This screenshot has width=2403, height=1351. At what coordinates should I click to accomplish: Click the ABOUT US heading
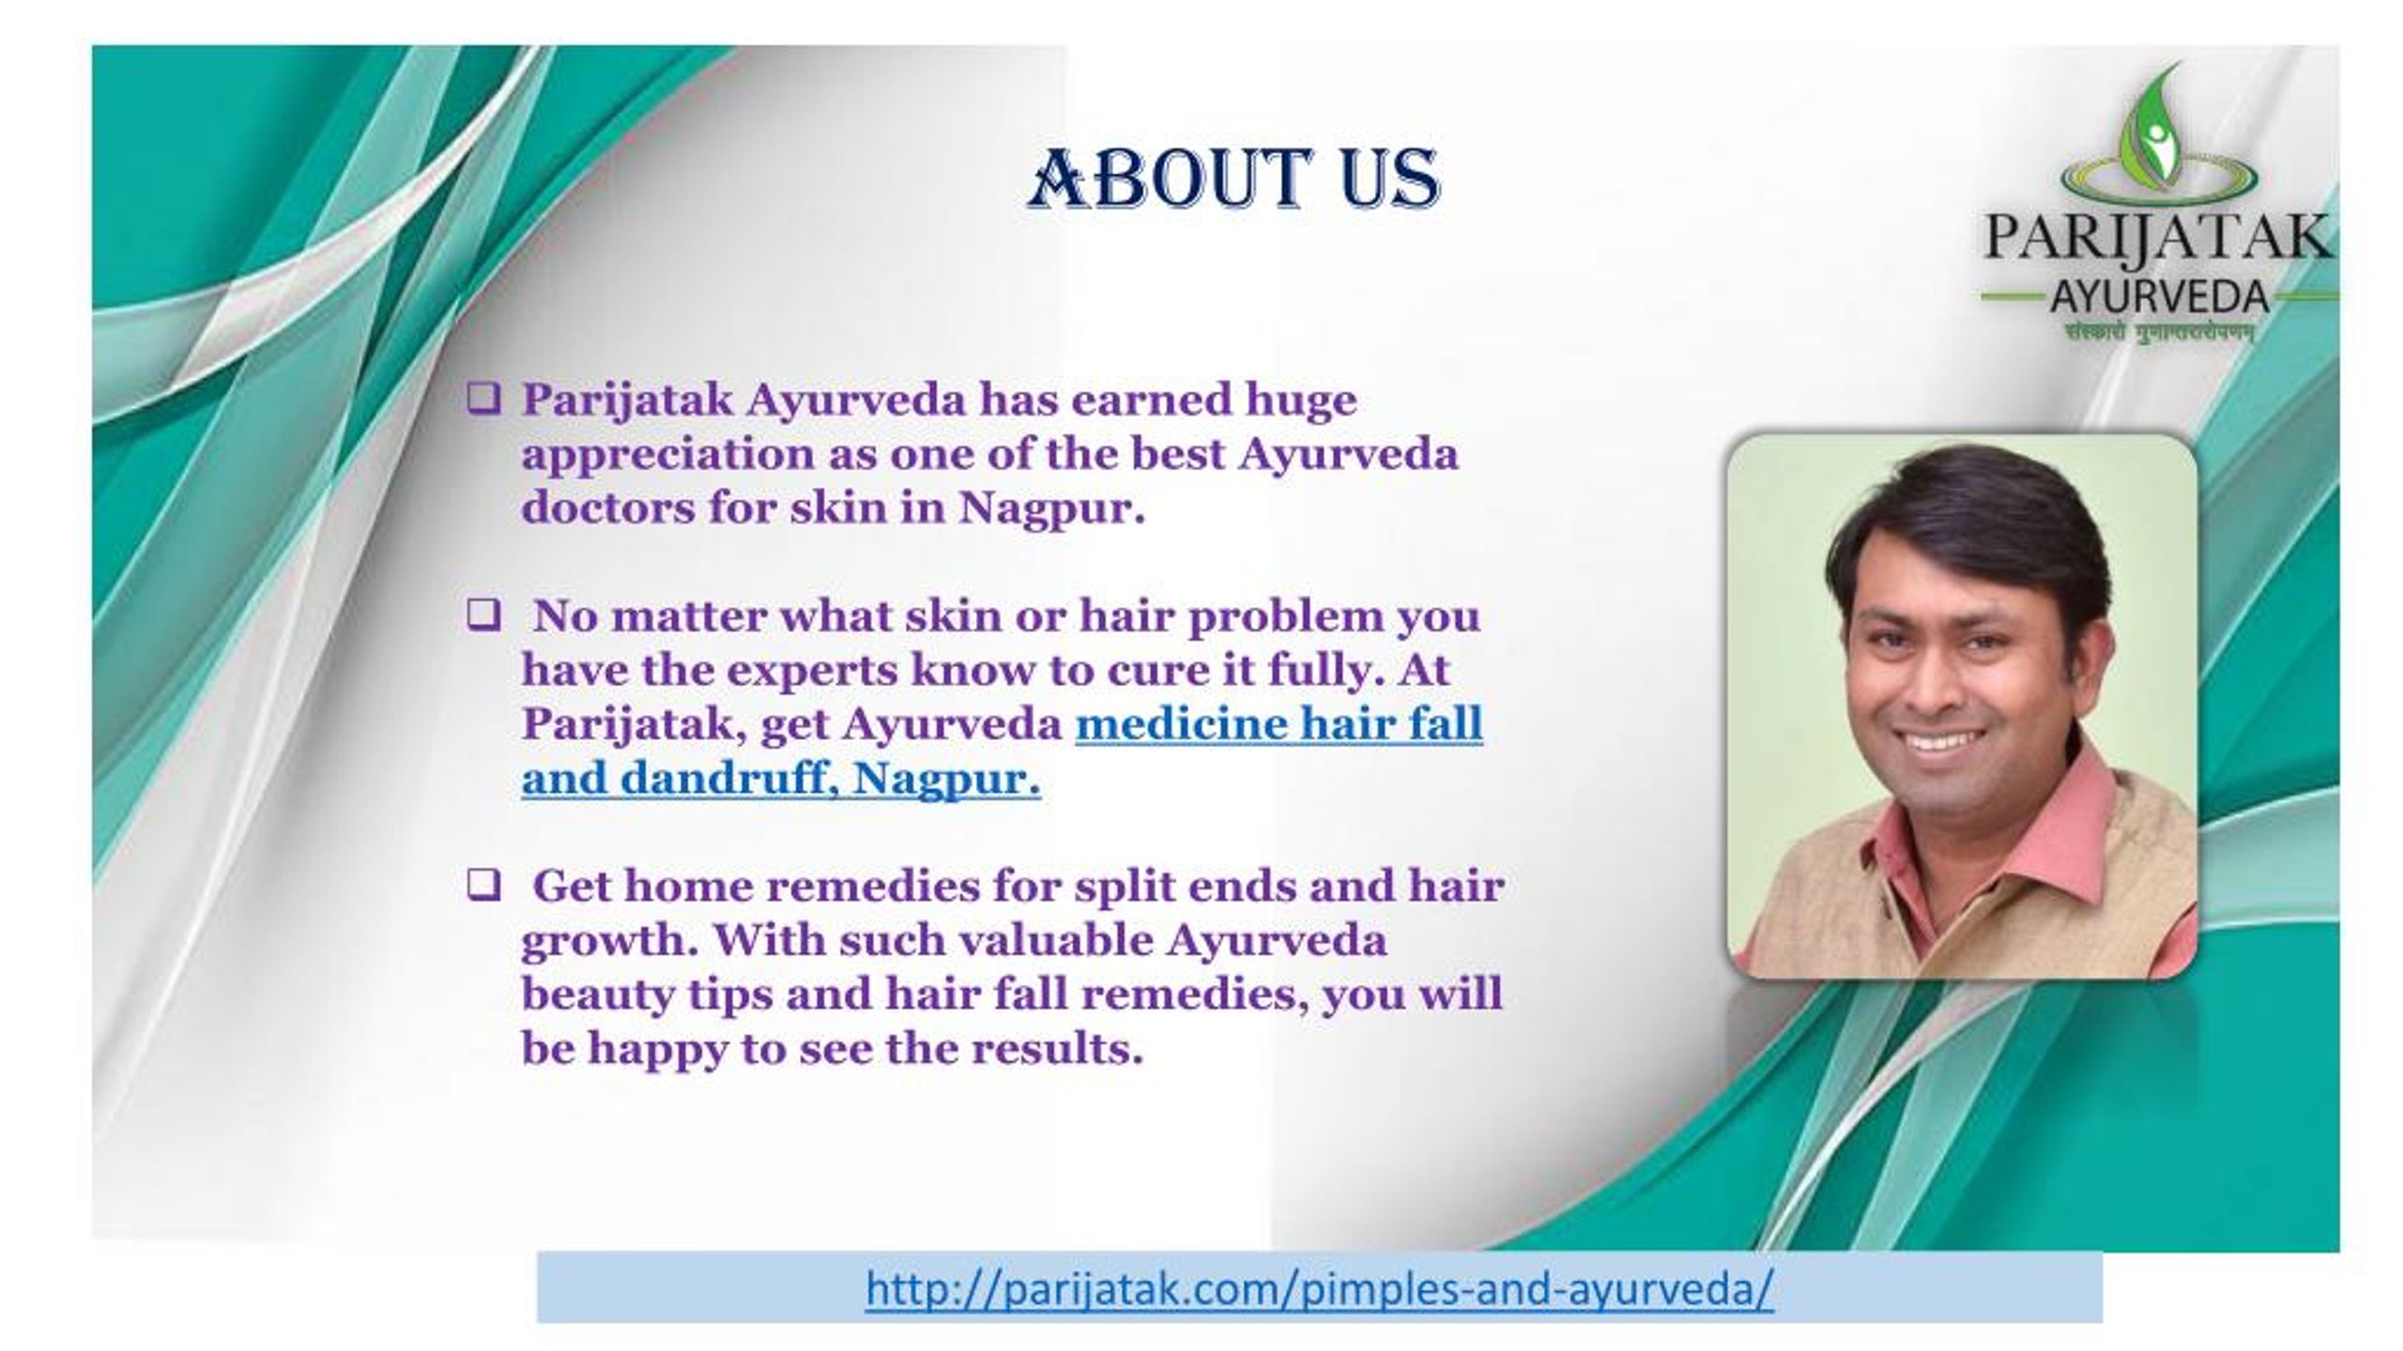1232,178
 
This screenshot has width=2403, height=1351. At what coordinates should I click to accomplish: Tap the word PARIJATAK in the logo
2155,239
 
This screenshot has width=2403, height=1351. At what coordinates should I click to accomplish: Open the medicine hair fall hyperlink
1278,724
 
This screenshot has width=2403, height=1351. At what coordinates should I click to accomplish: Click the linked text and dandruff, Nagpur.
781,779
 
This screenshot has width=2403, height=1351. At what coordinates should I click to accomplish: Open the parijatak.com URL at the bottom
1319,1289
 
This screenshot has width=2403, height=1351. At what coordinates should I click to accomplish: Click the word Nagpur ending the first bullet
1051,509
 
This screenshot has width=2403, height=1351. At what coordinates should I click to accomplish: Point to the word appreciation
667,456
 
